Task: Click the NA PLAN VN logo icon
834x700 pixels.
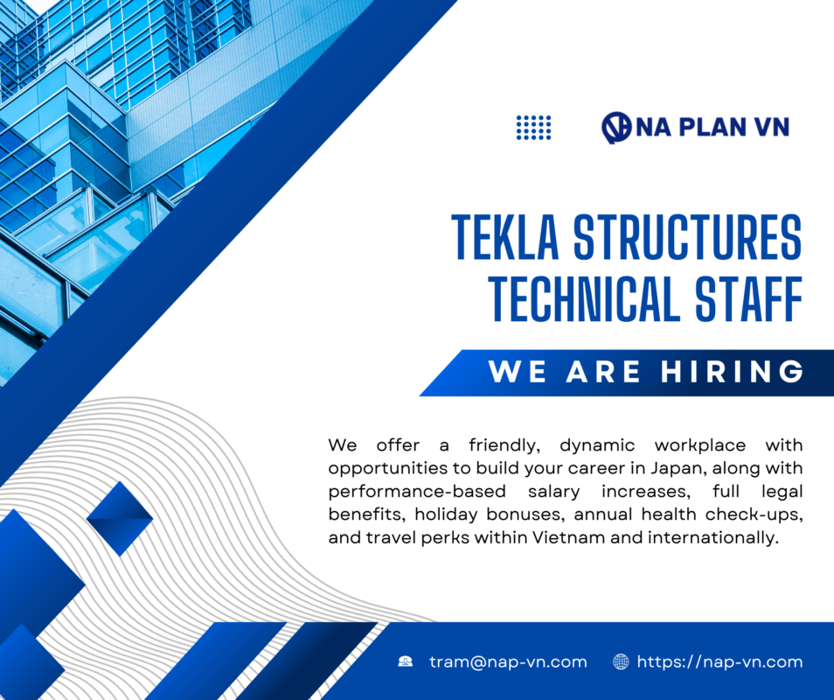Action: (x=616, y=128)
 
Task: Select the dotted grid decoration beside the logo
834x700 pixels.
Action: (x=533, y=128)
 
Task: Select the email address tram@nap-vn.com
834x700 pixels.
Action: (x=508, y=661)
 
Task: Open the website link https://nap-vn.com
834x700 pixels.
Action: (x=719, y=661)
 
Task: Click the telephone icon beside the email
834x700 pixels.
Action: (x=406, y=661)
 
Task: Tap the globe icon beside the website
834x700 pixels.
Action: (x=621, y=661)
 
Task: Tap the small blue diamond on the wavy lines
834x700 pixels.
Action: (x=120, y=518)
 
